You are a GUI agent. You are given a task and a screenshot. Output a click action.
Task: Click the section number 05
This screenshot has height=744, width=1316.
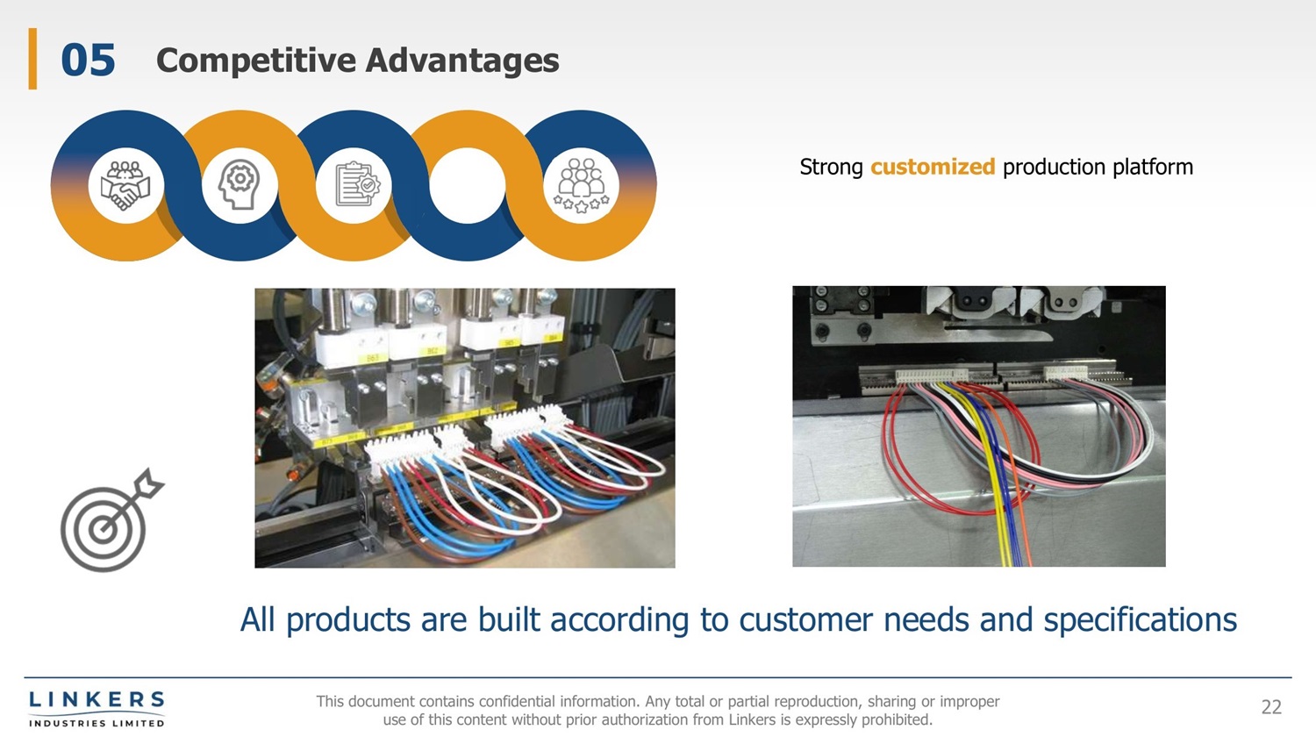pos(88,61)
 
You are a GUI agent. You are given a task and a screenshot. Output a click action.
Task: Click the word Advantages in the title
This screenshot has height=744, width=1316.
pos(461,61)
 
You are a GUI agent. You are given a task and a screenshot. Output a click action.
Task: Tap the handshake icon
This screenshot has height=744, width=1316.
pos(125,184)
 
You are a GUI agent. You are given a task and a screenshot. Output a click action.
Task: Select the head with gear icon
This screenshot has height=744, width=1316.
pos(240,184)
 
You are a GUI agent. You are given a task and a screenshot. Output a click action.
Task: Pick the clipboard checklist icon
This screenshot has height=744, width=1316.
pos(354,184)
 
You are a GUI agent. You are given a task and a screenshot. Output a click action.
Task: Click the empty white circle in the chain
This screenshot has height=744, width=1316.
pos(468,185)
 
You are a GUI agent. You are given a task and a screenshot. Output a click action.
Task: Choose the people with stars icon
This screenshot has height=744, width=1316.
pos(582,185)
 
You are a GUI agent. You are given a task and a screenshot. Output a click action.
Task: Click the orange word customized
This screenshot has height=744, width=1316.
pos(932,167)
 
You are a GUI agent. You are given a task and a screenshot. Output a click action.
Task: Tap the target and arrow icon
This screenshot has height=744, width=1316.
pos(111,521)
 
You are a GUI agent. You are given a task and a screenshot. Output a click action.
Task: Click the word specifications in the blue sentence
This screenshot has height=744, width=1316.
pos(1140,620)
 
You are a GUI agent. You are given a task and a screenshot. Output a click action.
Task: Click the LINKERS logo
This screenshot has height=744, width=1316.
pos(97,708)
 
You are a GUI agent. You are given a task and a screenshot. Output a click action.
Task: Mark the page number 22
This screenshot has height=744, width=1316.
pos(1271,707)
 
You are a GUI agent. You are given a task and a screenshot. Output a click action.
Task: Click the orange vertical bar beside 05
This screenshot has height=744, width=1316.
pos(32,59)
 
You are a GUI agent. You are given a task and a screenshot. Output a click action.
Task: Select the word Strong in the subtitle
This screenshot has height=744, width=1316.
pos(831,167)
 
